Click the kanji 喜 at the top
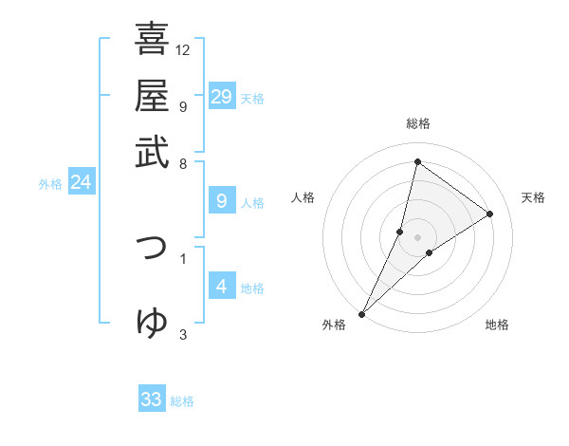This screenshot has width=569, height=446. point(152,40)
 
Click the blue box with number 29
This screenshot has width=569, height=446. point(221,97)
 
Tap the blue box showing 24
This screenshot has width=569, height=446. point(81,182)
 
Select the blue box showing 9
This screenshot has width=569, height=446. point(221,201)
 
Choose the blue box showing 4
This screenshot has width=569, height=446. point(221,287)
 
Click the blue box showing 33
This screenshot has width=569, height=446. point(152,400)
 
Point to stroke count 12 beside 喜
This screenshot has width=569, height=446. point(183,49)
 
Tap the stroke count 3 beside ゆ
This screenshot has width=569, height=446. point(183,333)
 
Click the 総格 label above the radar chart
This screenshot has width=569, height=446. point(417,123)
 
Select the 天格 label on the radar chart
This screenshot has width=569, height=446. point(533,197)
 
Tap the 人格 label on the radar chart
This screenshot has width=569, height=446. point(303,197)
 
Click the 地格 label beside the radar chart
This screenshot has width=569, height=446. point(497,325)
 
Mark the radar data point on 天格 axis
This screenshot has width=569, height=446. point(490,214)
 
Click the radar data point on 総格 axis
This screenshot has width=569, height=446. point(417,161)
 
